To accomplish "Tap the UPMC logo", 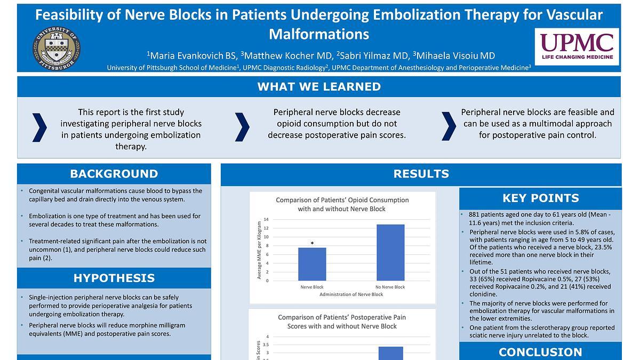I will click(577, 46).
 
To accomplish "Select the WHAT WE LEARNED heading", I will click(319, 87).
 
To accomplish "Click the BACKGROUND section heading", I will click(114, 174).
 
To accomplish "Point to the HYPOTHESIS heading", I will click(114, 278).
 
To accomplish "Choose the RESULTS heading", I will click(421, 174).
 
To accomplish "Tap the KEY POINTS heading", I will click(540, 198).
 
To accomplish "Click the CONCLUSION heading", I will click(540, 352).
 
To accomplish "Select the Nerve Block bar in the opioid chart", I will click(312, 264).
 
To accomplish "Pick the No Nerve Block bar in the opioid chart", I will click(390, 252).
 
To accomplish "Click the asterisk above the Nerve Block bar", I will click(312, 244).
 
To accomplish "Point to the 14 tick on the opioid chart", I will click(266, 219).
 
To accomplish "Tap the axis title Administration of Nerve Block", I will click(351, 294).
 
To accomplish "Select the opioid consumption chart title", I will click(342, 204).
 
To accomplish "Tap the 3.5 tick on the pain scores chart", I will click(267, 345).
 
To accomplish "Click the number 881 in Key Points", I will click(476, 214).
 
